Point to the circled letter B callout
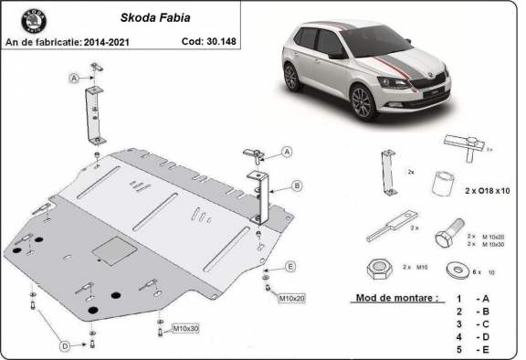click(297, 185)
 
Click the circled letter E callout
click(290, 266)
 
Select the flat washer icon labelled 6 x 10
click(454, 270)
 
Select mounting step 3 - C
click(470, 323)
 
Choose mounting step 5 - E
click(470, 348)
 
